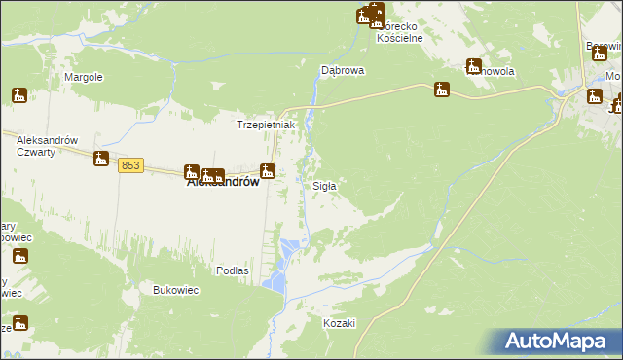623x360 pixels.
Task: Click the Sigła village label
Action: coord(324,186)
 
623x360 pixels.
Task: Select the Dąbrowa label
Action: coord(343,71)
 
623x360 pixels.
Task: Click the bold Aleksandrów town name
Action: coord(222,181)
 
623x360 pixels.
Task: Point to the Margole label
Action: coord(84,77)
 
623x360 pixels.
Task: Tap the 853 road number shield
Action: coord(131,166)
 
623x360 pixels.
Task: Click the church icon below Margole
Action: coord(19,95)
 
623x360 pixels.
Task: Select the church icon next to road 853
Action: coord(100,159)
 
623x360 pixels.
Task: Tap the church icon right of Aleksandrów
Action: coord(268,172)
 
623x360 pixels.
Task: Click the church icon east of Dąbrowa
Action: coord(442,90)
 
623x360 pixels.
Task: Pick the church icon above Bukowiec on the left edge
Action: coord(19,257)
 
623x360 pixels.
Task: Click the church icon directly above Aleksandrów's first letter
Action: coord(192,172)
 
